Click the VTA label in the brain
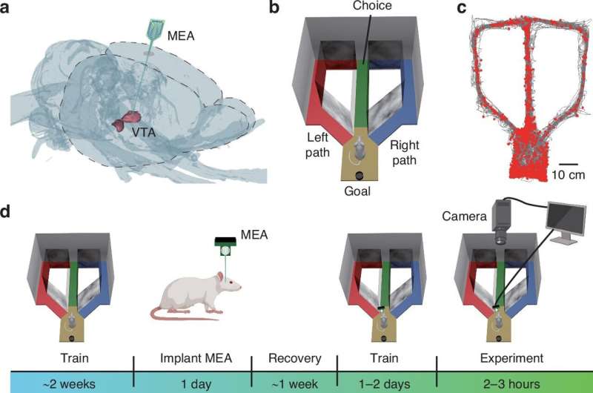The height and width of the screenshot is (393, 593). pyautogui.click(x=143, y=133)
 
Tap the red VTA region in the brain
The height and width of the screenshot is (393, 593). pyautogui.click(x=126, y=121)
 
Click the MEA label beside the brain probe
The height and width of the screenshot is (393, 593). pyautogui.click(x=181, y=36)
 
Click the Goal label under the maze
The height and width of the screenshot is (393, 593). pyautogui.click(x=357, y=191)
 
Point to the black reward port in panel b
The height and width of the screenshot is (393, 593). pyautogui.click(x=359, y=176)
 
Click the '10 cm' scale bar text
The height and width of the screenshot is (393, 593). pyautogui.click(x=568, y=175)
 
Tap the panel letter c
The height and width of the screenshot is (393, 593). pyautogui.click(x=461, y=7)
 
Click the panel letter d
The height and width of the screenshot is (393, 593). pyautogui.click(x=5, y=211)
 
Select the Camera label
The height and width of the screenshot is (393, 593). pyautogui.click(x=464, y=216)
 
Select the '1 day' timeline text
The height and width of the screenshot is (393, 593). pyautogui.click(x=196, y=384)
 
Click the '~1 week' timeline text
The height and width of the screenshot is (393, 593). pyautogui.click(x=294, y=384)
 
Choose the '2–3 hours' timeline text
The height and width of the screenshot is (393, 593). pyautogui.click(x=511, y=384)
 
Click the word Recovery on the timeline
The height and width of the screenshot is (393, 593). pyautogui.click(x=294, y=358)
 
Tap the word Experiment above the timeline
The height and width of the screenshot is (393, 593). pyautogui.click(x=511, y=358)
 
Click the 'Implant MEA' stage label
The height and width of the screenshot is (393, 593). pyautogui.click(x=196, y=358)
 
